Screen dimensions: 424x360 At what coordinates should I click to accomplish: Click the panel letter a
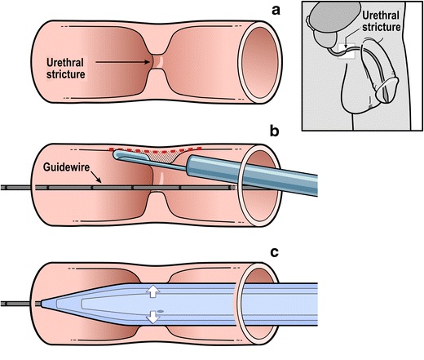(276, 11)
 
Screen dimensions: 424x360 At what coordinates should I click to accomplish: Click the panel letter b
(274, 131)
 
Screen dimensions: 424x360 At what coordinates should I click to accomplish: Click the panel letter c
(274, 252)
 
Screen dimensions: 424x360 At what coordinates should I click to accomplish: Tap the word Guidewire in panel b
(66, 167)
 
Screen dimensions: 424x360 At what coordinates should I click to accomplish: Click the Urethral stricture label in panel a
(65, 69)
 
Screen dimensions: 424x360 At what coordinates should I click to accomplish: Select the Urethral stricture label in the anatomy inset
(381, 21)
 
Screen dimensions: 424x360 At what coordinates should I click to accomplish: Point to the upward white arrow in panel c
(153, 291)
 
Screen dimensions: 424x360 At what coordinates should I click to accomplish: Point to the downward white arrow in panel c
(153, 317)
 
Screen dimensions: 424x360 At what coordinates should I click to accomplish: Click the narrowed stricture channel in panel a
(158, 62)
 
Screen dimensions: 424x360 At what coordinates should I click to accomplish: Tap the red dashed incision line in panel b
(155, 150)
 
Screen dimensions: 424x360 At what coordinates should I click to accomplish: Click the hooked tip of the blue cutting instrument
(117, 155)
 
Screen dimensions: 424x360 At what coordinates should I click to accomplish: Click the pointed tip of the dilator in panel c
(42, 304)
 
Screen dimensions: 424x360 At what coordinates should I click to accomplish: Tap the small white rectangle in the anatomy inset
(347, 51)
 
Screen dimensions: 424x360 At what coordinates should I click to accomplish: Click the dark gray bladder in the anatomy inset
(335, 18)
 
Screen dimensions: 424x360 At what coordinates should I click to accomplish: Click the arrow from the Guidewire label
(95, 176)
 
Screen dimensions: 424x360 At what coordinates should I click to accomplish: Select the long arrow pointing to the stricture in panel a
(122, 62)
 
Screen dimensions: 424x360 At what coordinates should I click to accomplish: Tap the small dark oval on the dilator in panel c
(161, 311)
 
